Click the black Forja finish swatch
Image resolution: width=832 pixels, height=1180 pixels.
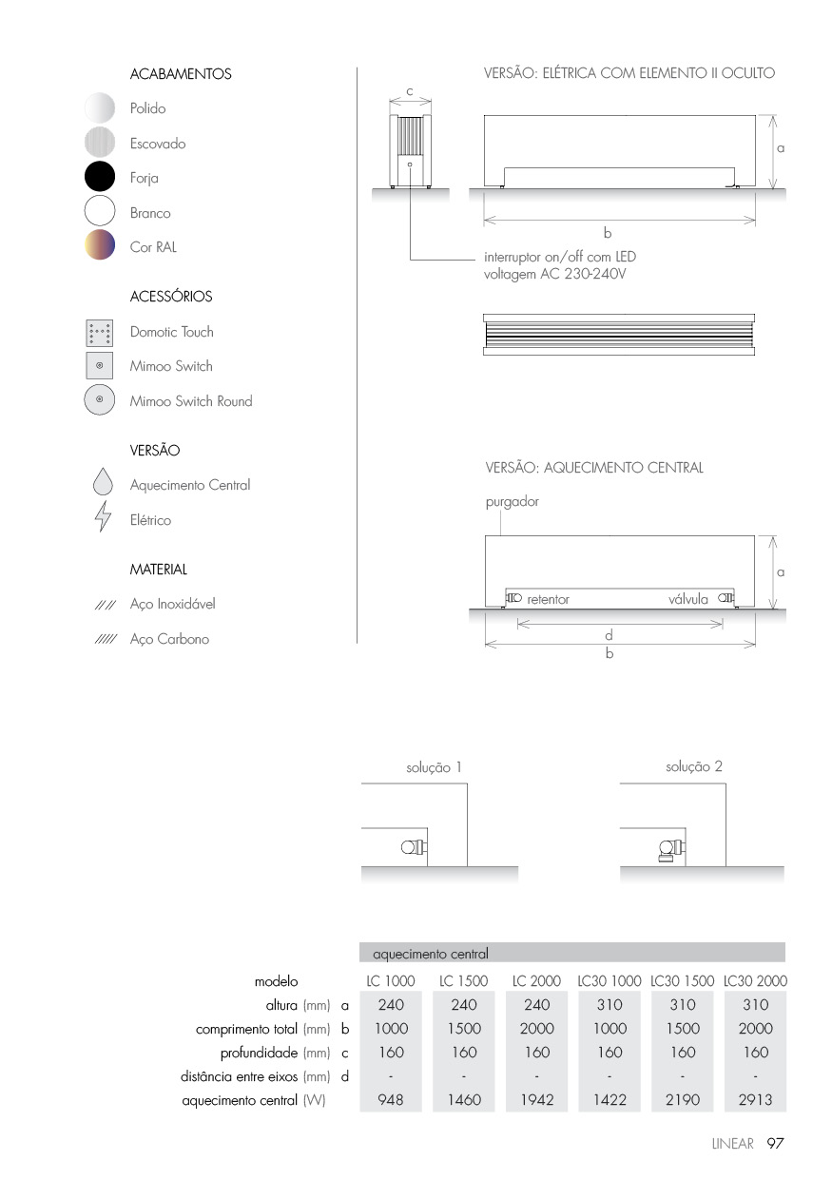click(100, 178)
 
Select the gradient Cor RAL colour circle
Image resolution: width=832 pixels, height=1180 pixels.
click(100, 246)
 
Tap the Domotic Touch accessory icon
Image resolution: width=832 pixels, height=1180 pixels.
click(100, 333)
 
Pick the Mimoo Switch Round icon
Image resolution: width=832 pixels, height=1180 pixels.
click(100, 400)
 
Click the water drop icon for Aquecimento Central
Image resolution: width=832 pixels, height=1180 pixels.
click(103, 484)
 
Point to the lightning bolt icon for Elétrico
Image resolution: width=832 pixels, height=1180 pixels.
click(103, 520)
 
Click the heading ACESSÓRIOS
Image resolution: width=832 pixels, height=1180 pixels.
click(171, 297)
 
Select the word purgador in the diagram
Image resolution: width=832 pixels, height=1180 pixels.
click(512, 501)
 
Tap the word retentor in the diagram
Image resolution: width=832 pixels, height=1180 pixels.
click(548, 600)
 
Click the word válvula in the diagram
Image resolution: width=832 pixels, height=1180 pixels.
click(687, 599)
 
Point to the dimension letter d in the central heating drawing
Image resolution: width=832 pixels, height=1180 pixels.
click(609, 635)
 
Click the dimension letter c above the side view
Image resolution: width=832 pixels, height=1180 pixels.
click(409, 90)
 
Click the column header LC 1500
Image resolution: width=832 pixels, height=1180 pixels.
click(463, 980)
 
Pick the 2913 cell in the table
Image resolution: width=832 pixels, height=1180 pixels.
click(755, 1100)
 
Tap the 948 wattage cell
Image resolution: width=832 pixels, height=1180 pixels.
click(391, 1100)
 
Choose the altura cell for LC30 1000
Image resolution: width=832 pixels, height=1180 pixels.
click(609, 1004)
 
